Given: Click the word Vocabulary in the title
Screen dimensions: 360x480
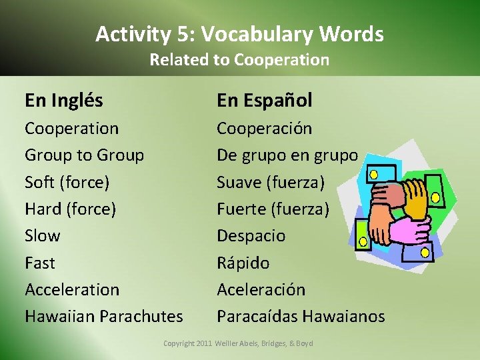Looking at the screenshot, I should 255,34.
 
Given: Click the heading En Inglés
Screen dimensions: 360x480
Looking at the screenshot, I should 64,101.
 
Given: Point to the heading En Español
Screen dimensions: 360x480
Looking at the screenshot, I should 264,101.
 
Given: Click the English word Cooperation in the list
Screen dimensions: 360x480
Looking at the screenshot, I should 71,128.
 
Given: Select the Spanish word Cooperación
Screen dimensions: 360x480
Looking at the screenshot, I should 264,128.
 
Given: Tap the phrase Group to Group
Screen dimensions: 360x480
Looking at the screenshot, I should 84,155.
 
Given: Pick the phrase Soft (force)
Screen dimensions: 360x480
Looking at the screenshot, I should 67,182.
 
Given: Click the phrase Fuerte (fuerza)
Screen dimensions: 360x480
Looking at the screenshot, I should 273,209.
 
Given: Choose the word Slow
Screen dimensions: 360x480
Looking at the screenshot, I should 42,236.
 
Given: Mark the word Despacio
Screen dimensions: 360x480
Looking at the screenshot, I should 251,236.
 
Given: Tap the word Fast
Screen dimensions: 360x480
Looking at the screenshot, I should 40,263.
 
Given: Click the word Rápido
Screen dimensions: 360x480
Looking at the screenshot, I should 243,263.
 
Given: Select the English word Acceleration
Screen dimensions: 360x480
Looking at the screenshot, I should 72,290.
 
